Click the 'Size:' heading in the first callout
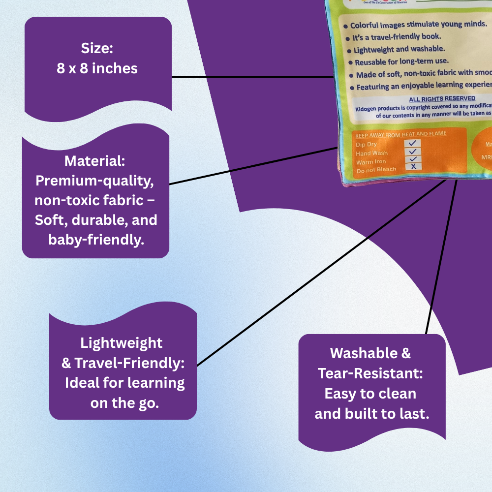(x=97, y=48)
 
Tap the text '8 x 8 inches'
(x=97, y=68)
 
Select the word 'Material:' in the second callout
(x=95, y=161)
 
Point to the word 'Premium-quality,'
(x=95, y=181)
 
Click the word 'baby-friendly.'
(x=95, y=239)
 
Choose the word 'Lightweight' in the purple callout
(x=122, y=342)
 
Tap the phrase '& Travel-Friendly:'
(x=123, y=363)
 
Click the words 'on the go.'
(x=124, y=403)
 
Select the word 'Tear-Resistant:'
(x=370, y=373)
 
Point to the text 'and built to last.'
(x=372, y=413)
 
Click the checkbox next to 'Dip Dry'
(x=412, y=143)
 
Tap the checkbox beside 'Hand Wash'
(x=413, y=152)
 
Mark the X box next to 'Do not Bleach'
(x=413, y=167)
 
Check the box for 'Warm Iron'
(x=413, y=159)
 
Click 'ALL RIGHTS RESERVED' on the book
(x=442, y=99)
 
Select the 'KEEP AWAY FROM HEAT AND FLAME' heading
(x=400, y=134)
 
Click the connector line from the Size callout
(x=251, y=77)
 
